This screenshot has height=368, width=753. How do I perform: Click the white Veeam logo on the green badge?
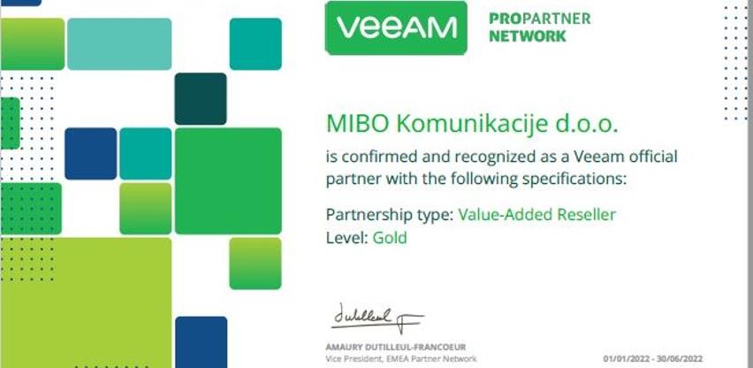[x=397, y=27]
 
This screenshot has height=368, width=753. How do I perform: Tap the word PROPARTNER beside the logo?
[x=540, y=19]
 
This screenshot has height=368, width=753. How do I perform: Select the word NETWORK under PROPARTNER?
[x=528, y=36]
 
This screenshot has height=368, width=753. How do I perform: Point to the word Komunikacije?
[x=473, y=125]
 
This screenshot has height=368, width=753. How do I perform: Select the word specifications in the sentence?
[x=574, y=180]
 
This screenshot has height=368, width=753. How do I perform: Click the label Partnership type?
[x=390, y=215]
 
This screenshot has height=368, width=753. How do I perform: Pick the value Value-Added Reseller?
[x=536, y=214]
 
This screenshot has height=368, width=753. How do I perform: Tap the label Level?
[x=347, y=238]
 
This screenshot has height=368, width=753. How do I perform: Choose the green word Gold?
[x=390, y=238]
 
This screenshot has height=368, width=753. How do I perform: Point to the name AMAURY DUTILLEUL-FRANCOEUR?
[x=396, y=348]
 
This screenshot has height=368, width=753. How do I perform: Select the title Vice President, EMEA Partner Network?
[x=401, y=359]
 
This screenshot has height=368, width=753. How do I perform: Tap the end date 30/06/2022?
[x=680, y=359]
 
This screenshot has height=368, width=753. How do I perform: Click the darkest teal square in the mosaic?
[x=201, y=99]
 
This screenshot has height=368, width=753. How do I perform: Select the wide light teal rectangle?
[x=119, y=44]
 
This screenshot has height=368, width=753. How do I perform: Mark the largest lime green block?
[x=86, y=303]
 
